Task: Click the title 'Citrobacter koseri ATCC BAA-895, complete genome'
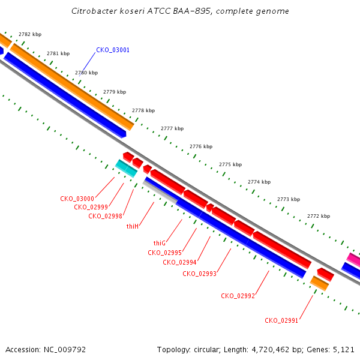click(x=180, y=11)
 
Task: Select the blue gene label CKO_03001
click(x=113, y=50)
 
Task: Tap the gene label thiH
click(x=133, y=226)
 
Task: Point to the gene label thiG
click(x=160, y=243)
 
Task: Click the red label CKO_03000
click(x=77, y=199)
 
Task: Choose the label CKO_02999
click(x=91, y=207)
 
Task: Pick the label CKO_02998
click(x=106, y=216)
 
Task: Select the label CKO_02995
click(x=164, y=253)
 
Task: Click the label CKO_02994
click(x=179, y=262)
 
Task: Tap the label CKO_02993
click(x=200, y=274)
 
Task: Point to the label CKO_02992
click(x=238, y=296)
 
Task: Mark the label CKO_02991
click(x=281, y=320)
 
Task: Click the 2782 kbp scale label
click(x=30, y=34)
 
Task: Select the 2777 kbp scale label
click(x=172, y=128)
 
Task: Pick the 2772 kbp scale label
click(x=319, y=216)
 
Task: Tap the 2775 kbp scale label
click(x=230, y=164)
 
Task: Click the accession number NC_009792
click(x=65, y=350)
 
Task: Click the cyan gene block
click(x=126, y=169)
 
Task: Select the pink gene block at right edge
click(x=353, y=259)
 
